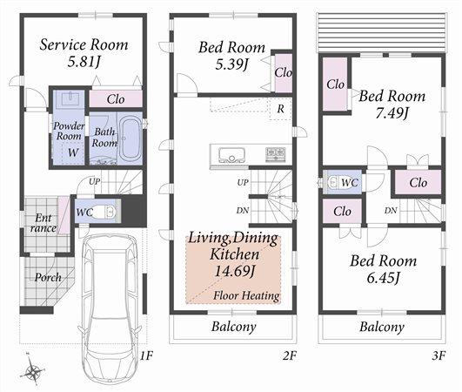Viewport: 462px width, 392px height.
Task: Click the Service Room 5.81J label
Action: click(x=84, y=53)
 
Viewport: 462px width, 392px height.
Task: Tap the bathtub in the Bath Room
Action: click(x=129, y=139)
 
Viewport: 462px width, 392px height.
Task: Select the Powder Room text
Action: click(x=70, y=132)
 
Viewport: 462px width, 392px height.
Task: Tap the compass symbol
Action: click(x=33, y=372)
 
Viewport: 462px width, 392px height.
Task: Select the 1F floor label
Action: click(x=145, y=355)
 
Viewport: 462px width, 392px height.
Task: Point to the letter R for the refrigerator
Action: click(x=280, y=109)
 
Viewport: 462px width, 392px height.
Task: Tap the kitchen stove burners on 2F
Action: click(x=274, y=154)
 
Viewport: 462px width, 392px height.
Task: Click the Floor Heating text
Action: click(x=247, y=295)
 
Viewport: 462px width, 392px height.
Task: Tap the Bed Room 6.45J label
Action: click(x=383, y=269)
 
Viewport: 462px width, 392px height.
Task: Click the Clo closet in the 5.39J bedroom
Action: click(x=283, y=73)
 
